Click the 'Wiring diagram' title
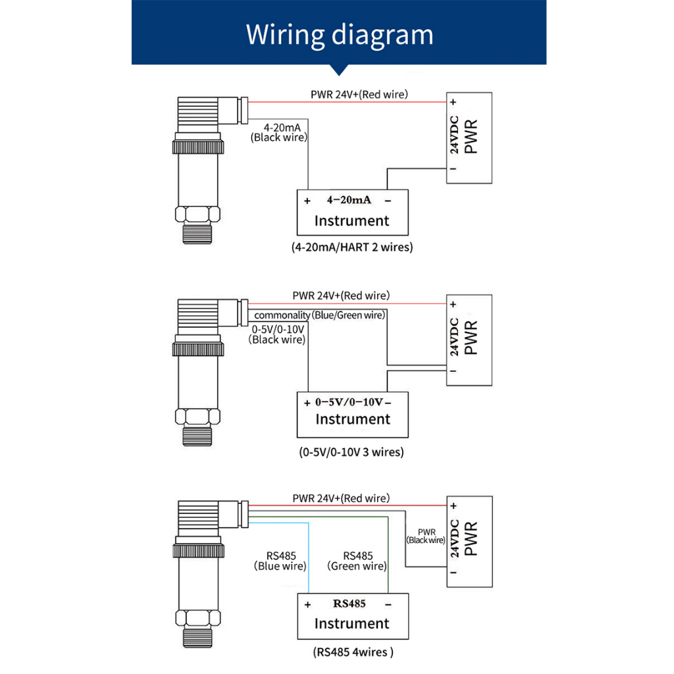(340, 34)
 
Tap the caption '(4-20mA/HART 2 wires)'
(352, 247)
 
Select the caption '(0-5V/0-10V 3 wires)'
(351, 452)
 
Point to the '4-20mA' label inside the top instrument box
(349, 199)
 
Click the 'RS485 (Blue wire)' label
(280, 561)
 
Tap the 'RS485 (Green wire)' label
(357, 561)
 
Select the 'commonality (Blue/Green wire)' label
(319, 315)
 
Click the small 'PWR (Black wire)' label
(427, 536)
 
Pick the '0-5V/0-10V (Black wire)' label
(278, 334)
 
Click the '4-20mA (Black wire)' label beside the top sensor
(280, 132)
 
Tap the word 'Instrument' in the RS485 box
(352, 623)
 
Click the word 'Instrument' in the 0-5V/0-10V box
(353, 419)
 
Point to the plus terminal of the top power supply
(453, 103)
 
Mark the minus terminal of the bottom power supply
(453, 575)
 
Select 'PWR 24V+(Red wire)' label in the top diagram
(359, 94)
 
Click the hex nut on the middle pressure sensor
(195, 417)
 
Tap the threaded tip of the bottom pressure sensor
(196, 638)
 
